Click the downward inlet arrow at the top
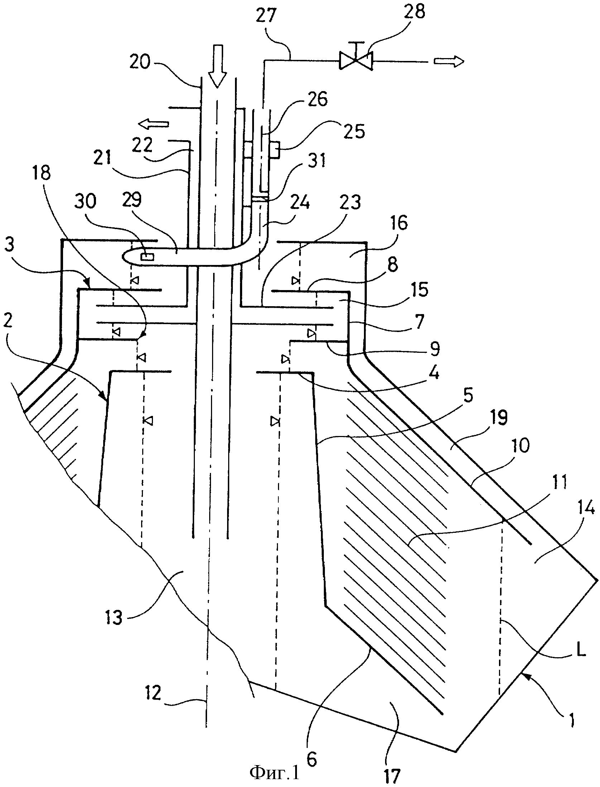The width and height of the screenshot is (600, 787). click(217, 66)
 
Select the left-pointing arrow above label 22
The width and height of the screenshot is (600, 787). click(154, 124)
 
